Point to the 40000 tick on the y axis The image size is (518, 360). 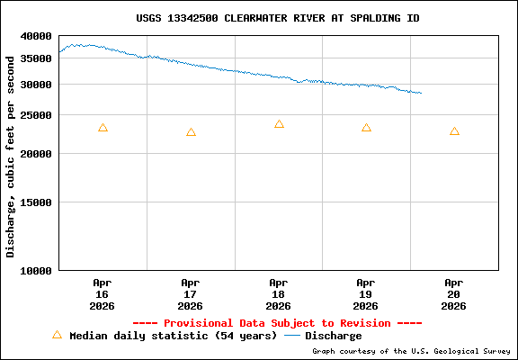coord(37,36)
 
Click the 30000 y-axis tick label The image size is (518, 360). coord(37,85)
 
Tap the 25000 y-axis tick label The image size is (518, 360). coord(37,115)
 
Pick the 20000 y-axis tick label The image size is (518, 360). coord(37,154)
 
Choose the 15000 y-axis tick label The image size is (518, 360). coord(37,202)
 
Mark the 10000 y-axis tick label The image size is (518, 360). coord(37,270)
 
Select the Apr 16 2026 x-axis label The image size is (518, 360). coord(103,293)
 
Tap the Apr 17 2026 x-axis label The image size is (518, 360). coord(191,293)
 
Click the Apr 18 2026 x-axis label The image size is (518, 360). coord(279,293)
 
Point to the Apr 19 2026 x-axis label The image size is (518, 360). coord(366,293)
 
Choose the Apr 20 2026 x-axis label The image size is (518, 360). coord(454,293)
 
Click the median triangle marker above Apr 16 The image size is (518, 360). coord(103,128)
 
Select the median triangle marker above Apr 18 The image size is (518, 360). coord(279,124)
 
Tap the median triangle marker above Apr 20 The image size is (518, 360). coord(454,131)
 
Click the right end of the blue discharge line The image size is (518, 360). coord(420,94)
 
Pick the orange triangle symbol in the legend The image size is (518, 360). coord(58,335)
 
